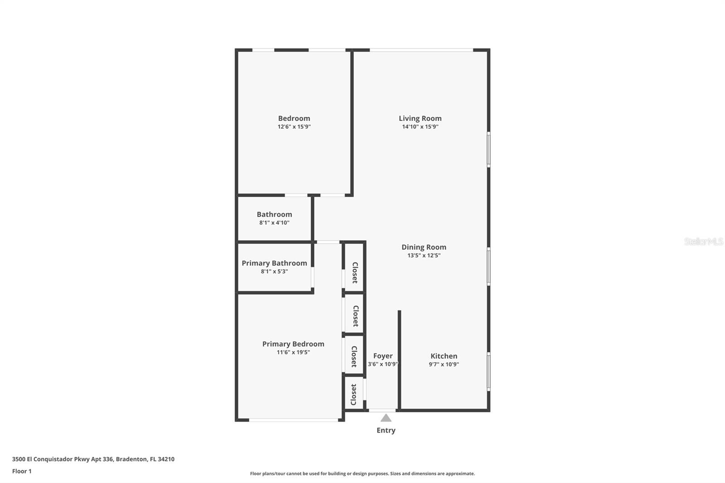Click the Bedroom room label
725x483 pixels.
click(x=294, y=118)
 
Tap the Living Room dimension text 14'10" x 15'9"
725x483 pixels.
click(x=420, y=127)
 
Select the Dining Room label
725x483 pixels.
click(x=424, y=247)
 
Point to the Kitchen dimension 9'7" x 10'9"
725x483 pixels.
click(x=444, y=364)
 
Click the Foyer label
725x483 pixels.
click(x=383, y=356)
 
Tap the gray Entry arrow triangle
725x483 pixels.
click(x=386, y=418)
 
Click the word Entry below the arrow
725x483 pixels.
click(x=386, y=430)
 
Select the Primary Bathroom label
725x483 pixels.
click(x=274, y=263)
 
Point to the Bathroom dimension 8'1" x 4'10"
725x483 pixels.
click(x=274, y=223)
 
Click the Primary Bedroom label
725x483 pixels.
click(x=293, y=344)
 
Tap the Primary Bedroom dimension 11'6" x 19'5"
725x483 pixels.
click(x=293, y=353)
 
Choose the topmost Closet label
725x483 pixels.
click(x=355, y=272)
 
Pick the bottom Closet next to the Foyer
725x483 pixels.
click(x=354, y=395)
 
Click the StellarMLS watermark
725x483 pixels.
click(x=703, y=241)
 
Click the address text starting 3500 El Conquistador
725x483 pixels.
click(x=93, y=459)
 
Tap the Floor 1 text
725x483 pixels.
click(x=22, y=471)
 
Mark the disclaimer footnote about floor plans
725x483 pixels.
click(x=362, y=473)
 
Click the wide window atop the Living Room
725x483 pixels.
click(x=421, y=50)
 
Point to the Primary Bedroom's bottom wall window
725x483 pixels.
click(x=294, y=420)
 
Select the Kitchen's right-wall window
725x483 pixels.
click(x=488, y=372)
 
